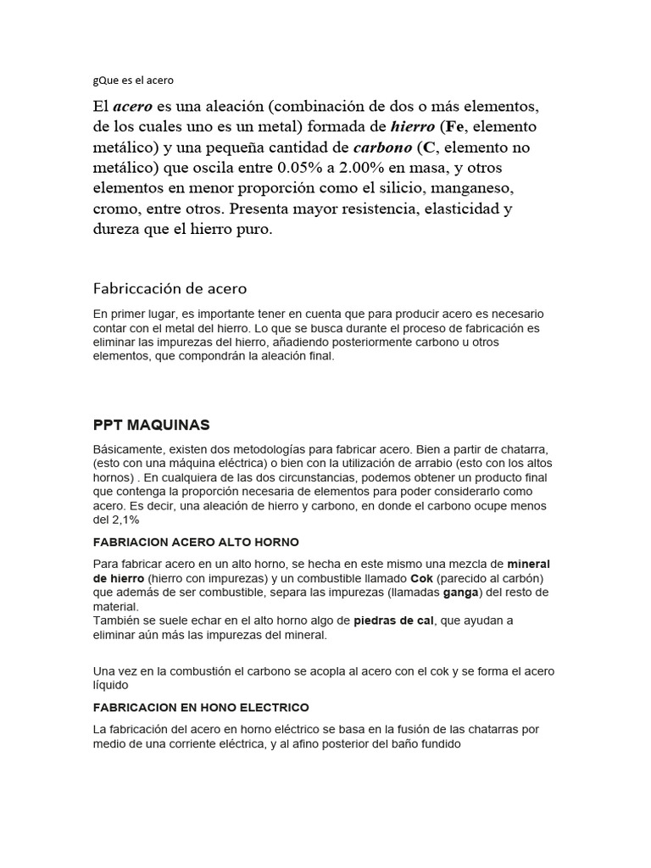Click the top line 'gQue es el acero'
point(134,81)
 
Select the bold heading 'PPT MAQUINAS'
point(152,424)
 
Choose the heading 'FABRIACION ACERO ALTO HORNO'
point(196,542)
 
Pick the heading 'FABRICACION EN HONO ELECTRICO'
point(201,707)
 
